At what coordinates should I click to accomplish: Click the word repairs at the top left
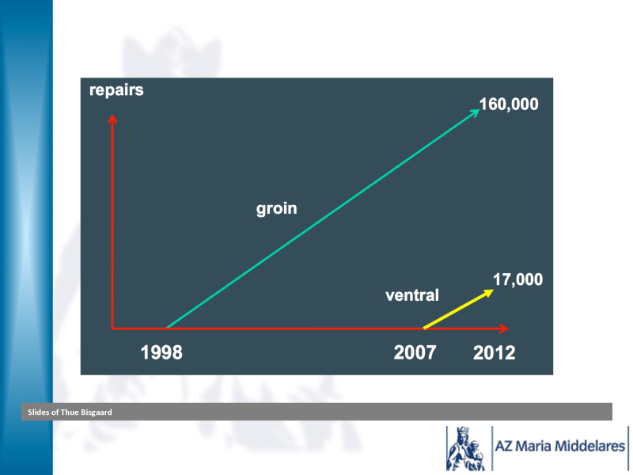coord(116,90)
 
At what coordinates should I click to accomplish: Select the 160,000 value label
coord(509,104)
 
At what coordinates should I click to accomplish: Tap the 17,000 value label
coord(518,279)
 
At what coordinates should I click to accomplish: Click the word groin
coord(276,209)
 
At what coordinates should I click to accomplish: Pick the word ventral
coord(412,294)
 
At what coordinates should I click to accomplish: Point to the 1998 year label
coord(161,352)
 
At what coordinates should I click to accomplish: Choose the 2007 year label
coord(415,352)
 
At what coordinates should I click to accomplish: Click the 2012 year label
coord(494,352)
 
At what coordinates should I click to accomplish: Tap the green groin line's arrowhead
coord(476,112)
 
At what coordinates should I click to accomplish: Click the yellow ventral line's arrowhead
coord(489,293)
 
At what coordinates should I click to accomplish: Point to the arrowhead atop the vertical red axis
coord(112,118)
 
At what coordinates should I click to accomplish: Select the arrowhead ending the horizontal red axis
coord(504,329)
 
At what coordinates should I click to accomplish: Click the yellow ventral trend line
coord(459,309)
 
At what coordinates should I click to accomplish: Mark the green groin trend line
coord(324,218)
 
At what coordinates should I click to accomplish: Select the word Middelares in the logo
coord(589,446)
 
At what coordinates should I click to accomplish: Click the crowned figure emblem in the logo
coord(465,448)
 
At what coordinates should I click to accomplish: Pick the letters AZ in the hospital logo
coord(504,446)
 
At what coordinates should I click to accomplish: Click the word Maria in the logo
coord(533,446)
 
